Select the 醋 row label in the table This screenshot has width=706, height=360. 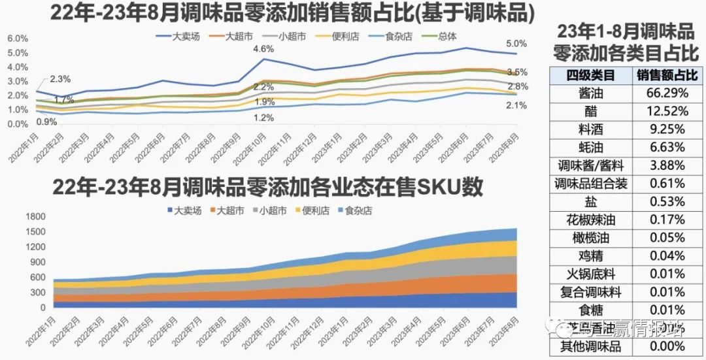(591, 111)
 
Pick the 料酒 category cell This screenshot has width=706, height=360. (591, 129)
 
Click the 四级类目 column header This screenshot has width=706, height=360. (591, 75)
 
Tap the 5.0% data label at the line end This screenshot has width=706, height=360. (516, 43)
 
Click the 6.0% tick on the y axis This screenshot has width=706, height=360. (18, 39)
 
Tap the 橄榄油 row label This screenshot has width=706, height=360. (591, 238)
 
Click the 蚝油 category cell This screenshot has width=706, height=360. (591, 148)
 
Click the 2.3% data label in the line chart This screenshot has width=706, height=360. (59, 79)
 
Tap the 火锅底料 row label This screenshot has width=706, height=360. (591, 274)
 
